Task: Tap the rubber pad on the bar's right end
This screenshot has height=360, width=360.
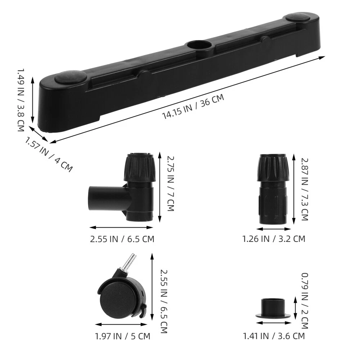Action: pyautogui.click(x=298, y=17)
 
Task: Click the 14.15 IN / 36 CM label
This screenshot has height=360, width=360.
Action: pyautogui.click(x=193, y=107)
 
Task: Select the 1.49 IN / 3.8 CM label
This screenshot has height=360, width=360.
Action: pyautogui.click(x=21, y=100)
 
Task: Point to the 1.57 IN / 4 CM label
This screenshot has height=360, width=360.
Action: pyautogui.click(x=49, y=154)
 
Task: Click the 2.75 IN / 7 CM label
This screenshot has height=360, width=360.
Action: pyautogui.click(x=171, y=184)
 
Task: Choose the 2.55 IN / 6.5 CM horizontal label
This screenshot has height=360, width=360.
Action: pyautogui.click(x=122, y=239)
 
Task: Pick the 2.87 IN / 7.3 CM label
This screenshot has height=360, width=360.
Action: pyautogui.click(x=305, y=189)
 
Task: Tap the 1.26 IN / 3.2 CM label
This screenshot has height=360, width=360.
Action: pyautogui.click(x=274, y=239)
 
